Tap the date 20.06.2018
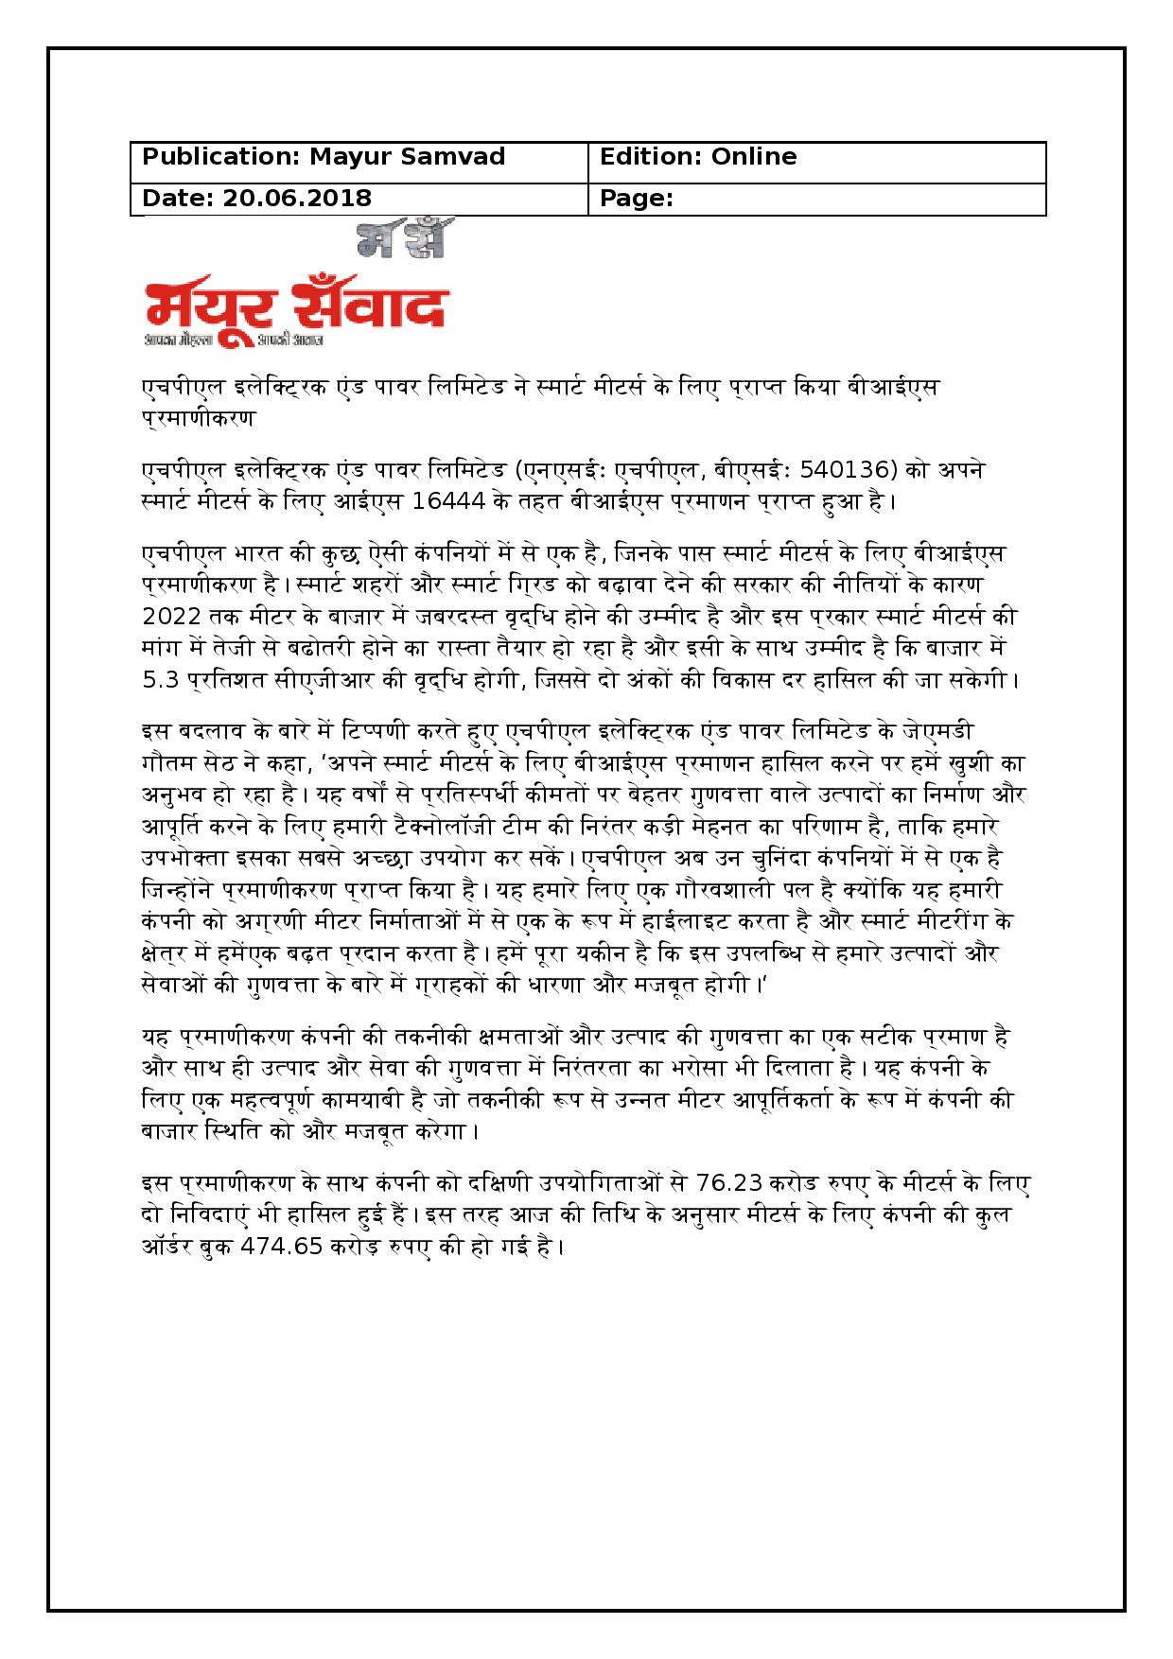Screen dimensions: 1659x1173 tap(297, 199)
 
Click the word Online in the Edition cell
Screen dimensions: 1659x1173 tap(754, 157)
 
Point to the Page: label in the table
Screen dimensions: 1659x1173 tap(637, 199)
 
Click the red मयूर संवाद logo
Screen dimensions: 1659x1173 tap(295, 304)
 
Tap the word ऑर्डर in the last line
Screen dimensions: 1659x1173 tap(169, 1246)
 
